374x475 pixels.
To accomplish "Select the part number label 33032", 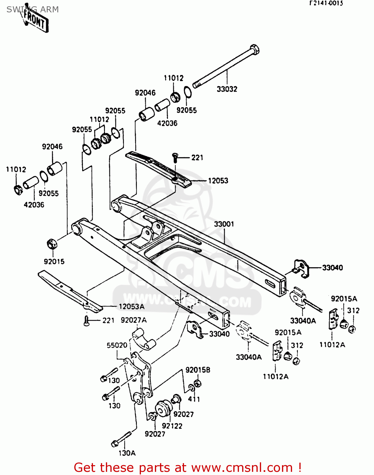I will pos(227,89).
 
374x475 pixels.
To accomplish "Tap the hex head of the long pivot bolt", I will pos(254,50).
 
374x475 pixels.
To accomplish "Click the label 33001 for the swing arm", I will pos(224,224).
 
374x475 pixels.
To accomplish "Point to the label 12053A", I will pos(132,307).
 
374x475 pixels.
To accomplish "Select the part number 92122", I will pos(172,426).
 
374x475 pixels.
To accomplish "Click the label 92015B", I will pos(198,370).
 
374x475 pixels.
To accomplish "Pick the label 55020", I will pos(117,345).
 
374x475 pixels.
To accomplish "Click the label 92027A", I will pos(133,320).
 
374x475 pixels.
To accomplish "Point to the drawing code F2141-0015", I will pos(326,3).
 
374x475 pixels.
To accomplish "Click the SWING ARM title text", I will pos(33,9).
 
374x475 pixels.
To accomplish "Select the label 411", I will pos(194,399).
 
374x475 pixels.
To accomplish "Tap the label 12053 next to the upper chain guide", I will pos(218,180).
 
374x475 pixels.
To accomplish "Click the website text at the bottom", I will pos(187,467).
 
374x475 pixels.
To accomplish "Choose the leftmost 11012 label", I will pos(16,169).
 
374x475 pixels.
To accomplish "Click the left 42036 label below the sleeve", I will pos(34,205).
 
